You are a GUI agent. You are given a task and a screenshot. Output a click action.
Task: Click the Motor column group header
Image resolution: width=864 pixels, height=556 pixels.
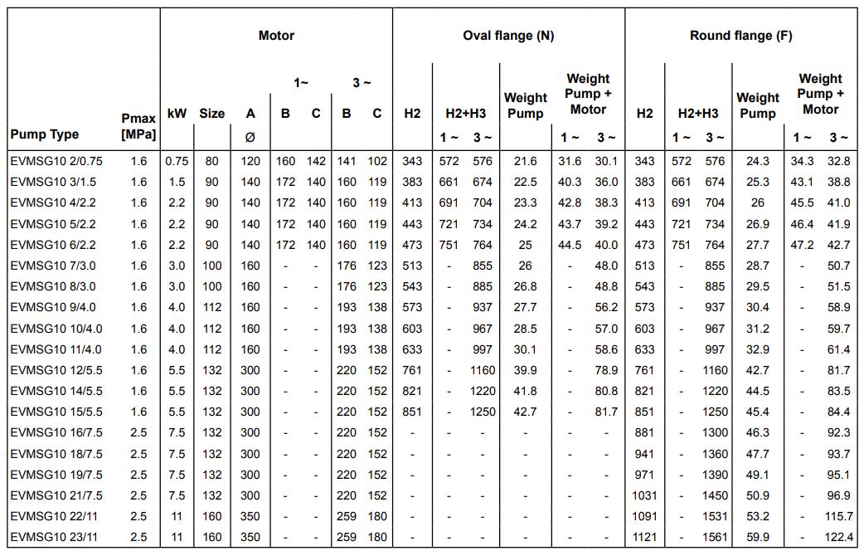click(276, 36)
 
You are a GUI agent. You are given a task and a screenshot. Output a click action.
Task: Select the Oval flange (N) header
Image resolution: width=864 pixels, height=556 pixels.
click(508, 36)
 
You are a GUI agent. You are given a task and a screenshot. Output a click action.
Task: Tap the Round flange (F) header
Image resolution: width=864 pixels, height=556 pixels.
click(740, 36)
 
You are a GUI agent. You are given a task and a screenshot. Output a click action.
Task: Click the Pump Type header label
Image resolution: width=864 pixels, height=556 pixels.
click(45, 134)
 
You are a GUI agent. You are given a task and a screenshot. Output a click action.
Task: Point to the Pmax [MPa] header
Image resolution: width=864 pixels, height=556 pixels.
click(138, 127)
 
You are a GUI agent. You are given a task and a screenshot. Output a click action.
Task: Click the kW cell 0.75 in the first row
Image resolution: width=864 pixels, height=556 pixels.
click(177, 161)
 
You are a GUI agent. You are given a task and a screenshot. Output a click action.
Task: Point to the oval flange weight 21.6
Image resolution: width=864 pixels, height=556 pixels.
click(525, 161)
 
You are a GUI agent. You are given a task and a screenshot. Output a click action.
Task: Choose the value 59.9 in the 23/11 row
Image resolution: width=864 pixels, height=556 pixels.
click(757, 537)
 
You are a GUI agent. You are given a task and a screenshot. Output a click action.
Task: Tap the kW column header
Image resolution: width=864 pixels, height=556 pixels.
click(177, 114)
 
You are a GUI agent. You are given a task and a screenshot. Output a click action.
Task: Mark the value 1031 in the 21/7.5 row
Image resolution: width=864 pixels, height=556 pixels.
click(644, 495)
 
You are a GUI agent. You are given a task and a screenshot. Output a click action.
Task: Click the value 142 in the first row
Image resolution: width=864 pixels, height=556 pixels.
click(316, 161)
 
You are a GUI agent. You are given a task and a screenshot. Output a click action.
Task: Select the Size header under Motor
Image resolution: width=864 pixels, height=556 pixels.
click(211, 114)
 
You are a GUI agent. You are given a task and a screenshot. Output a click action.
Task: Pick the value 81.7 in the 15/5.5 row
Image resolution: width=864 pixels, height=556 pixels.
click(606, 412)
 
